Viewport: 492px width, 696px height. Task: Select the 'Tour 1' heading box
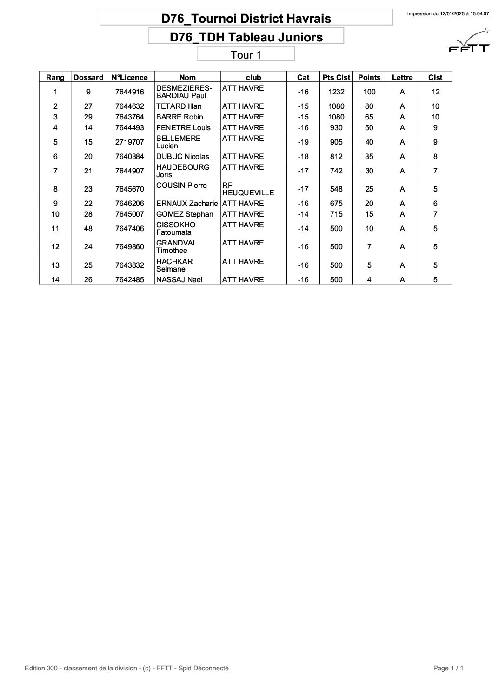[x=246, y=55]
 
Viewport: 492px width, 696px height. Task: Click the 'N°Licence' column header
[x=130, y=78]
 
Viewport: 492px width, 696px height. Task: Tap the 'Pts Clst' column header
[x=336, y=78]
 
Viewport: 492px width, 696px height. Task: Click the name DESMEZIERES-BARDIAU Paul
[x=184, y=92]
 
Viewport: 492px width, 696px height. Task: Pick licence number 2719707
[x=130, y=142]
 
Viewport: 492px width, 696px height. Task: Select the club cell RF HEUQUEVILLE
[x=248, y=189]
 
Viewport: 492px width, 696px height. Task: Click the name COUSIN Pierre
[x=181, y=186]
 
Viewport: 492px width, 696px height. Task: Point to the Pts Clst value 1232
[x=336, y=92]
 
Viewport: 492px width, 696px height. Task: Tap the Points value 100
[x=369, y=92]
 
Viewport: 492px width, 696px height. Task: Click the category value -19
[x=303, y=142]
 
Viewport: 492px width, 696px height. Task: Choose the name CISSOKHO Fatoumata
[x=176, y=228]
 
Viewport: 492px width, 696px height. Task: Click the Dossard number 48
[x=88, y=229]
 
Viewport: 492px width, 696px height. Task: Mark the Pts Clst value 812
[x=336, y=157]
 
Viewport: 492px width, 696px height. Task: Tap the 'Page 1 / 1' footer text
[x=448, y=669]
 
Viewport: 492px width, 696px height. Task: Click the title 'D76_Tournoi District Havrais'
[x=246, y=19]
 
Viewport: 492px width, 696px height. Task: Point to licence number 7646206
[x=130, y=204]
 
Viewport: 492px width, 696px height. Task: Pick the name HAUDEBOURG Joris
[x=183, y=171]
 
